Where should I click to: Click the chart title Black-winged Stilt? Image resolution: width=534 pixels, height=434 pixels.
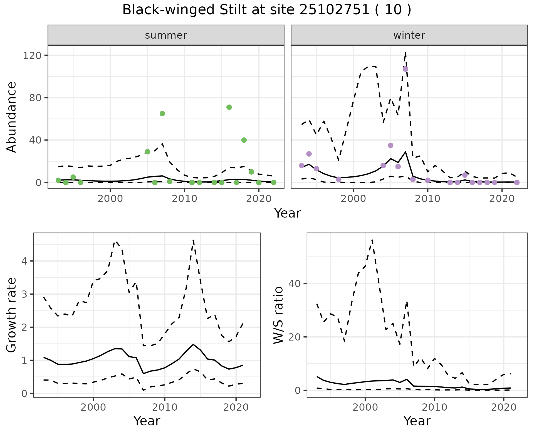[x=266, y=10]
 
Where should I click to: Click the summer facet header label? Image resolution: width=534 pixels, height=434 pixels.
[x=166, y=35]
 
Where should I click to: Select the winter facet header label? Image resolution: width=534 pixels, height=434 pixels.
[x=409, y=35]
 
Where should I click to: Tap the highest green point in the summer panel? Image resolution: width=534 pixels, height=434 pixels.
[x=229, y=107]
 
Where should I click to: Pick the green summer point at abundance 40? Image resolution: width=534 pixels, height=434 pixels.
[x=244, y=140]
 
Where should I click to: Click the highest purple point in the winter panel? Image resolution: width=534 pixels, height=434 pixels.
[x=406, y=69]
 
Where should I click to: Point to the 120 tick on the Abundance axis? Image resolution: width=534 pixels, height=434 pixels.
[x=32, y=55]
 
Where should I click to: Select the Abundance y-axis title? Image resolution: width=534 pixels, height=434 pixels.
[x=11, y=117]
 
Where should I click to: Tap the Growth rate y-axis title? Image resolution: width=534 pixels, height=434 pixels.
[x=11, y=315]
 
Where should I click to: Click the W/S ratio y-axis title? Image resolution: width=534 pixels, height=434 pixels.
[x=278, y=315]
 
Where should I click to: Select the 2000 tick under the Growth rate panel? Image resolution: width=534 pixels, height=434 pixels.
[x=93, y=407]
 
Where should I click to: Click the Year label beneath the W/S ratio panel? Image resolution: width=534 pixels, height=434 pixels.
[x=417, y=421]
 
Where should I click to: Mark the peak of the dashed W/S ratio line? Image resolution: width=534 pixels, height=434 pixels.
[x=372, y=240]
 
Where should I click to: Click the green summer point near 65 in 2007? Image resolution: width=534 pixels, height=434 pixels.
[x=162, y=114]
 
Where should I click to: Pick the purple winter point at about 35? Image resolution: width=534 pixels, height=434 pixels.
[x=390, y=145]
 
